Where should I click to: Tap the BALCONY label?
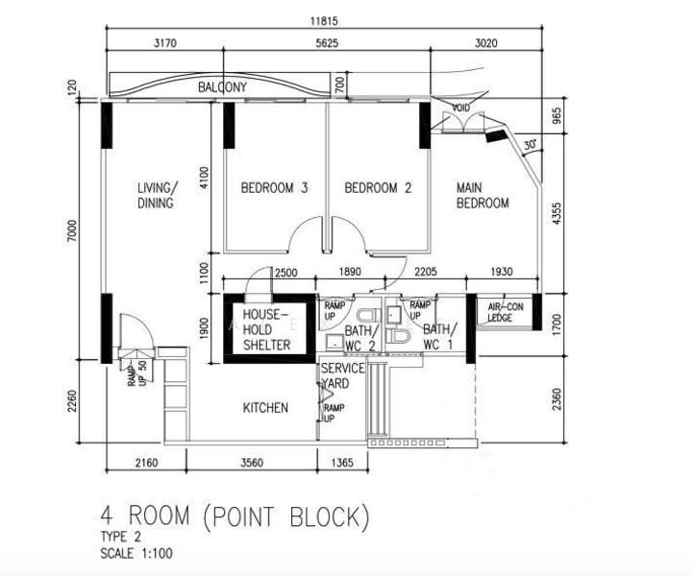[x=223, y=87]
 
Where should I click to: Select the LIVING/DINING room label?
[x=155, y=195]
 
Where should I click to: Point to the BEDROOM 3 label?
[x=274, y=188]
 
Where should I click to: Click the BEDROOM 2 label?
[x=378, y=188]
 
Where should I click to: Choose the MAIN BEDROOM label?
[x=482, y=195]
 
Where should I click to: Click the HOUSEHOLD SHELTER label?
[x=266, y=329]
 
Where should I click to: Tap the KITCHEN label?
[x=264, y=408]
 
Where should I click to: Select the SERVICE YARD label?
[x=342, y=375]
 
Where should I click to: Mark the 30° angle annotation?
[x=529, y=144]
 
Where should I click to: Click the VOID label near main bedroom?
[x=460, y=108]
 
